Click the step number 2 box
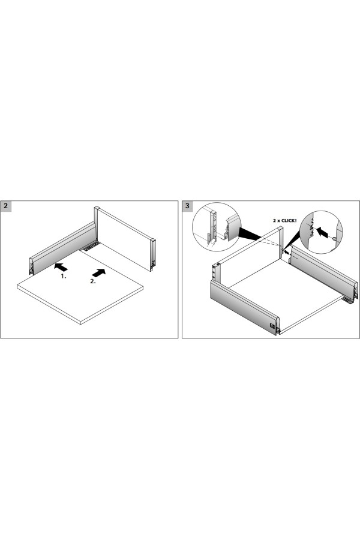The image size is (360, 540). (x=6, y=206)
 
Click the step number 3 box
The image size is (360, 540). (x=187, y=206)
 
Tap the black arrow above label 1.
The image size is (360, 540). (x=61, y=267)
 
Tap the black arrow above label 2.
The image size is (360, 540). (x=99, y=273)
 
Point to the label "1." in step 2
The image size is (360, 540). (x=64, y=276)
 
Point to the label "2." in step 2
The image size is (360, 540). (x=93, y=281)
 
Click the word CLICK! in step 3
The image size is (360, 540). (x=289, y=220)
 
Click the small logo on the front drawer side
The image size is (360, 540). (x=272, y=325)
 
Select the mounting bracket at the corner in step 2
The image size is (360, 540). (x=91, y=245)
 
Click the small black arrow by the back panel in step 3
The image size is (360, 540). (x=287, y=253)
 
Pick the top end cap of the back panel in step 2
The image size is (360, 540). (x=97, y=208)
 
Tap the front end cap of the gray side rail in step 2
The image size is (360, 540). (x=31, y=266)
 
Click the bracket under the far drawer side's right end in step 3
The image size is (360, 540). (x=348, y=301)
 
